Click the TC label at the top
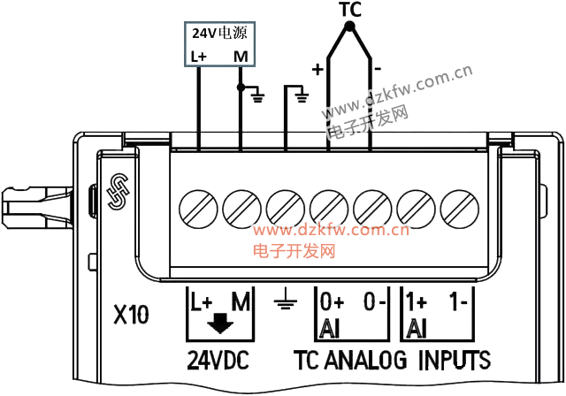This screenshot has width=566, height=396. pos(351,11)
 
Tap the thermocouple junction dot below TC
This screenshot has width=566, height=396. pos(350,27)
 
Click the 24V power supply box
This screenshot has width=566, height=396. pos(221,44)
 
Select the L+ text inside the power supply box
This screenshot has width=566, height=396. pos(198,57)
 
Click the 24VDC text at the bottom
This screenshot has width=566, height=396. pos(218,360)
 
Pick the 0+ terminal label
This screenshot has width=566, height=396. pos(332,301)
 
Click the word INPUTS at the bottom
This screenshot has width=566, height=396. pos(455,360)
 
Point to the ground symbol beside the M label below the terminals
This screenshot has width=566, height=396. pos(284,304)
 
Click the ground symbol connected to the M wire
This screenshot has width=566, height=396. pos(258,93)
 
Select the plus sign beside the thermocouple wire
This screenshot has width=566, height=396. pos(316,68)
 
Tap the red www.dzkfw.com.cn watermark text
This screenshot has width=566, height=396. pos(331,232)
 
